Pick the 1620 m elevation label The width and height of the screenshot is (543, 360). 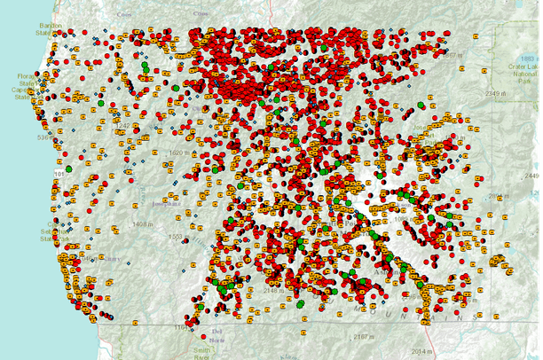[x=180, y=153]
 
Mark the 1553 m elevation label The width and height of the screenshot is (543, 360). [x=175, y=237]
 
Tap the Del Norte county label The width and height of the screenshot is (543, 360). [x=218, y=334]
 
